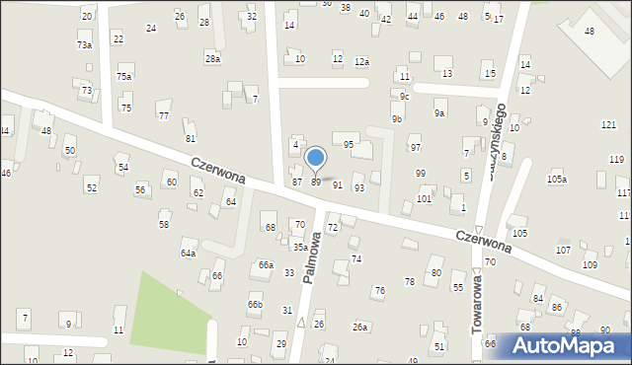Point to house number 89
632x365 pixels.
[x=316, y=182]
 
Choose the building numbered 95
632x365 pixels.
[x=349, y=145]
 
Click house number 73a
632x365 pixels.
[x=85, y=45]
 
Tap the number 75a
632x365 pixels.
[x=123, y=76]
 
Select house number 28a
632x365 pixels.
[x=212, y=59]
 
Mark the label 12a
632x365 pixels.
[x=362, y=62]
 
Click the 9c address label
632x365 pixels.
[x=404, y=96]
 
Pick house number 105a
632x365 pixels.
[x=557, y=179]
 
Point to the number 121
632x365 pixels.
[x=608, y=124]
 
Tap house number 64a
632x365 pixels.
[x=188, y=254]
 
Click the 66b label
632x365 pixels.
[x=256, y=305]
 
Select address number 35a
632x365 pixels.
[x=299, y=248]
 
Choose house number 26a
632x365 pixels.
[x=360, y=327]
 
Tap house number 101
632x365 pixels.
[x=424, y=199]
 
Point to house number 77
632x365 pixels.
[x=163, y=116]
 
